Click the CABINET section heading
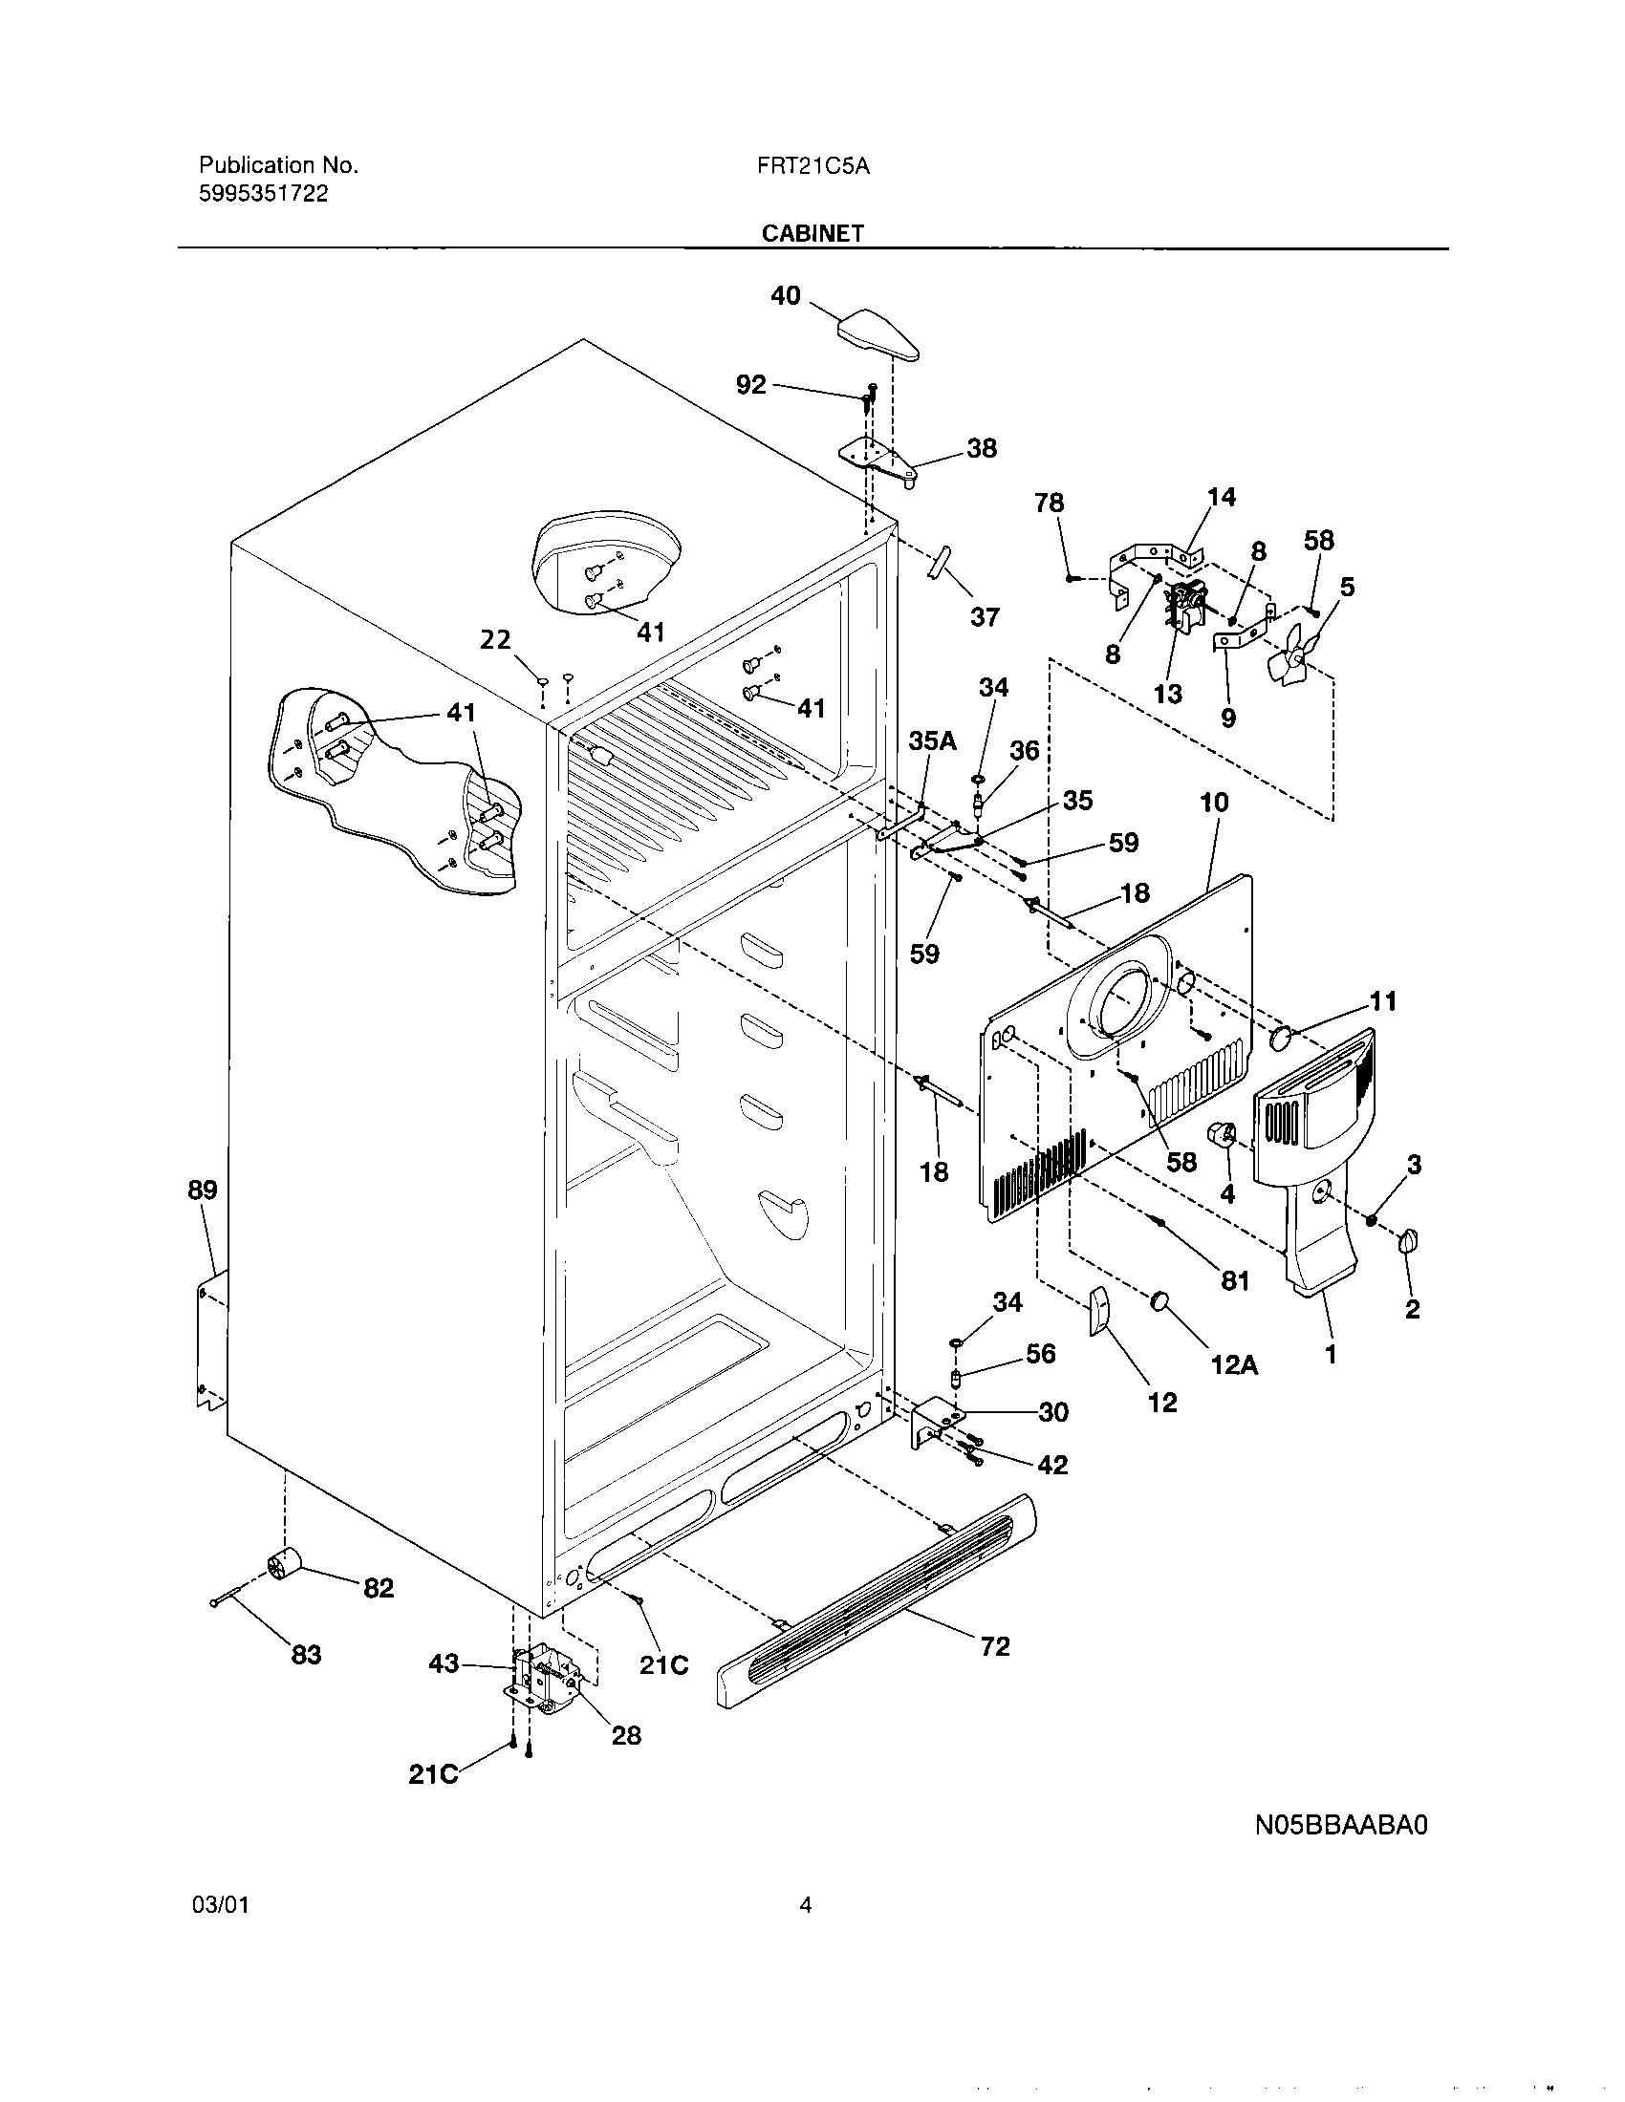[812, 233]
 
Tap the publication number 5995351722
[263, 193]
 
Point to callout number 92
[751, 385]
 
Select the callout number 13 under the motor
[1168, 694]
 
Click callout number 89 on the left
[202, 1190]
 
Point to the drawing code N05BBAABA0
[1341, 1825]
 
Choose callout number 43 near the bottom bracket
[444, 1663]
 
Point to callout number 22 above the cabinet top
[496, 640]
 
